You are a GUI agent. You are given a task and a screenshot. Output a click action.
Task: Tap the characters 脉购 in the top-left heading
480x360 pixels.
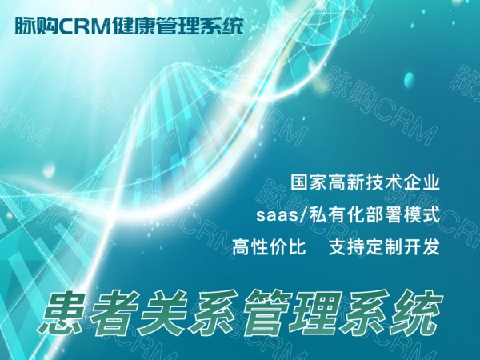37,26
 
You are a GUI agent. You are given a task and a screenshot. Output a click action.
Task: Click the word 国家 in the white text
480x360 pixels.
309,182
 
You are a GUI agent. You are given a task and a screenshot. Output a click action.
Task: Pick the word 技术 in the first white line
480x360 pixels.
383,182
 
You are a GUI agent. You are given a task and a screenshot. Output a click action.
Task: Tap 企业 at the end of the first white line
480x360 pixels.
422,182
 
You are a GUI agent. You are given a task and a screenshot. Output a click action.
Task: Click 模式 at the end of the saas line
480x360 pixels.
422,215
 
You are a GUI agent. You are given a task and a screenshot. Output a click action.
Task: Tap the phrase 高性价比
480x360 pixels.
269,247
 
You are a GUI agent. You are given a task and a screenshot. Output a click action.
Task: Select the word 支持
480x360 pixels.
346,247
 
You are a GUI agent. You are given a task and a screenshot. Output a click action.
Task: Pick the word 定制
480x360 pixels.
384,247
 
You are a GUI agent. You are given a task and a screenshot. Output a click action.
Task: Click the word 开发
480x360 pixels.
422,247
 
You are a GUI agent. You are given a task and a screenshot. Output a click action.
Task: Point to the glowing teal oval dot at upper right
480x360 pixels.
410,79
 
